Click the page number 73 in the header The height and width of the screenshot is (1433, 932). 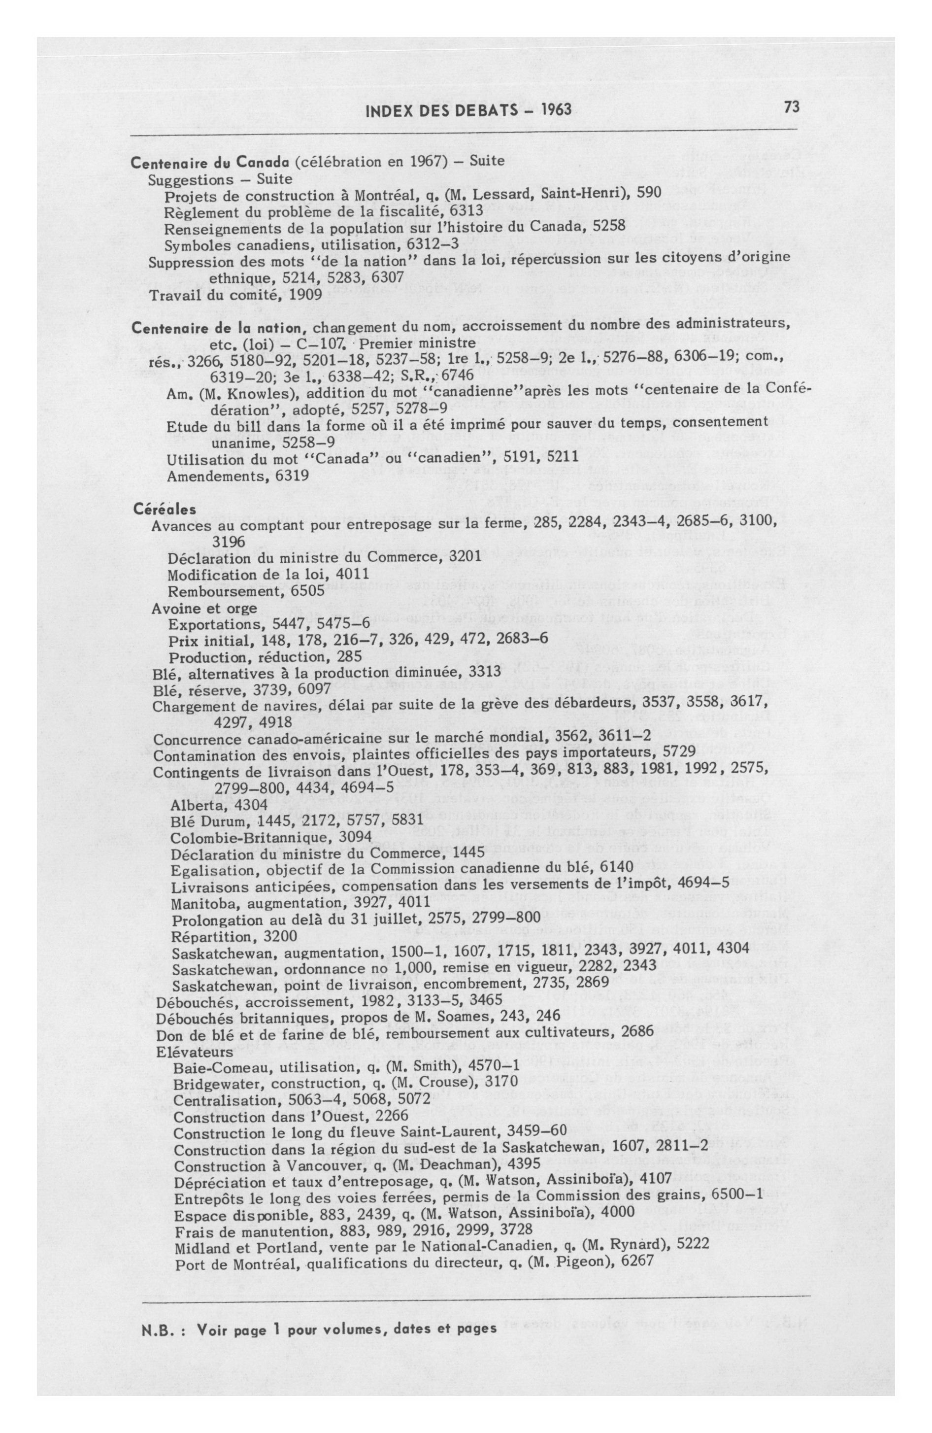coord(791,107)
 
